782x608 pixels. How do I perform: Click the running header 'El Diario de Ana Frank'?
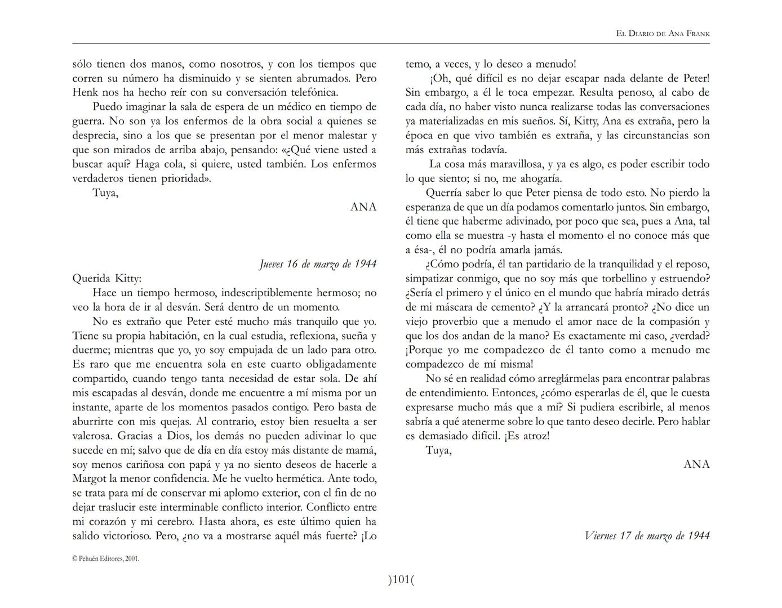point(663,34)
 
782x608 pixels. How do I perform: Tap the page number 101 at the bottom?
point(401,579)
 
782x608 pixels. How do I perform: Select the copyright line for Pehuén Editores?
point(106,558)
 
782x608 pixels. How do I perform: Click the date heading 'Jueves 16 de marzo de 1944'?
point(318,264)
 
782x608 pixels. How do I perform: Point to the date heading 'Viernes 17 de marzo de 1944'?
point(647,535)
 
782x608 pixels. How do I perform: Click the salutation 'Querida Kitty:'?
point(107,278)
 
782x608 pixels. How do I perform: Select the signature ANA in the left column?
point(363,207)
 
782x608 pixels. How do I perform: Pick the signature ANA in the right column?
point(696,464)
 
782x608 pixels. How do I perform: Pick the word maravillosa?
point(512,164)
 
